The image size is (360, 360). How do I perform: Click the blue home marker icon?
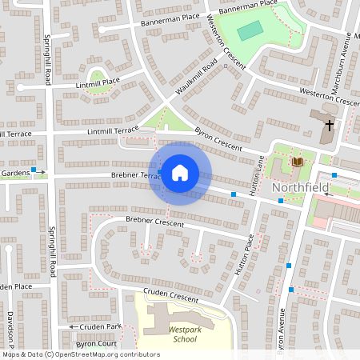click(180, 173)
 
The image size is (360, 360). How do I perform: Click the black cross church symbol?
click(328, 126)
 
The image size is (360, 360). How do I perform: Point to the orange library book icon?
click(298, 162)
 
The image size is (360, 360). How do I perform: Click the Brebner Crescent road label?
click(154, 221)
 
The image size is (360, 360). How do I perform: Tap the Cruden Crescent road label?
click(170, 295)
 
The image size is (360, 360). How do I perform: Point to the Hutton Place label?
click(245, 255)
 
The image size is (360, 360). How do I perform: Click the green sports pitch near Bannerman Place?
click(250, 30)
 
